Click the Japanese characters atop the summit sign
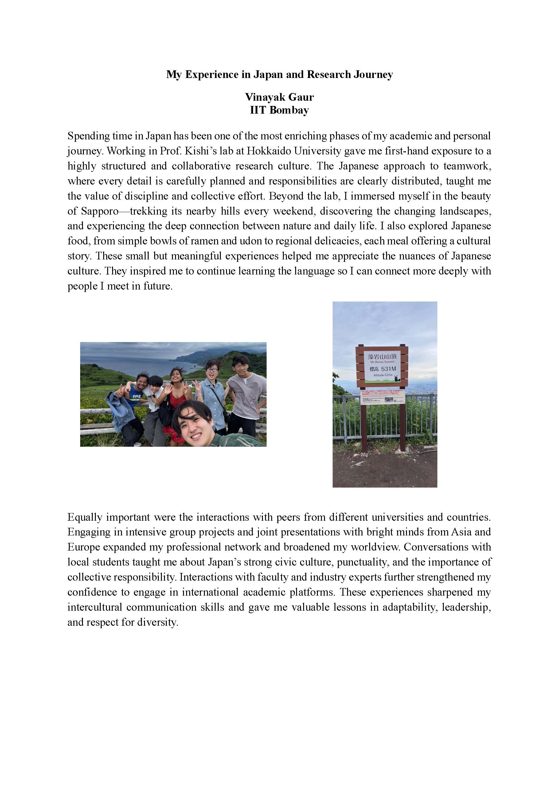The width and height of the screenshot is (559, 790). tap(382, 356)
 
